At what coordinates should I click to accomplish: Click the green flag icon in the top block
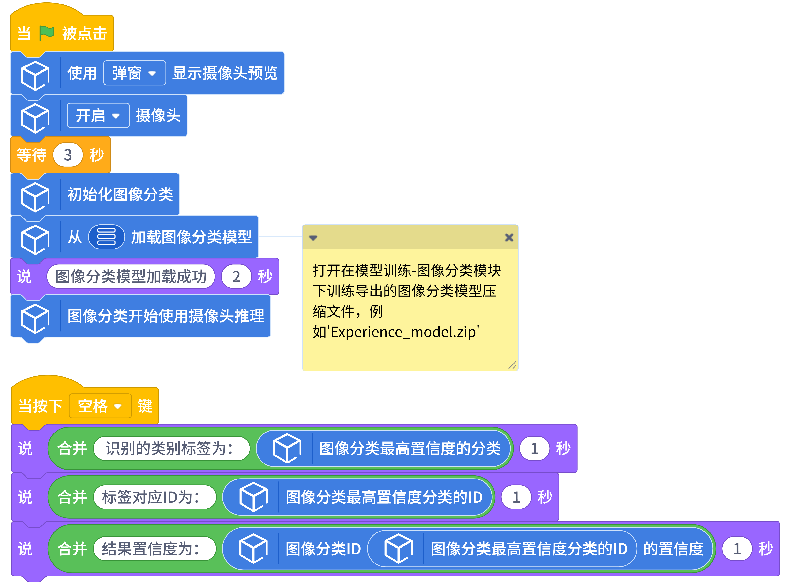(x=47, y=33)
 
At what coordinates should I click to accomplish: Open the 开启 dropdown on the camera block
(x=98, y=116)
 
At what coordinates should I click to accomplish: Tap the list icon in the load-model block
(x=106, y=237)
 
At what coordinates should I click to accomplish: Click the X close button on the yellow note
(x=509, y=237)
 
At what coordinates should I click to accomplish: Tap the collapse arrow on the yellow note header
(x=313, y=238)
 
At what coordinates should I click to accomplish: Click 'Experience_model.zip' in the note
(x=405, y=332)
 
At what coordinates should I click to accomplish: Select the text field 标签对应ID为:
(x=154, y=497)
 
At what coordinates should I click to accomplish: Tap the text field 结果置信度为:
(x=154, y=548)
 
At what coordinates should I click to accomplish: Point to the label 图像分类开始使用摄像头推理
(x=165, y=316)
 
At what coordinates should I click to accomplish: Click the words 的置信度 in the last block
(x=673, y=548)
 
